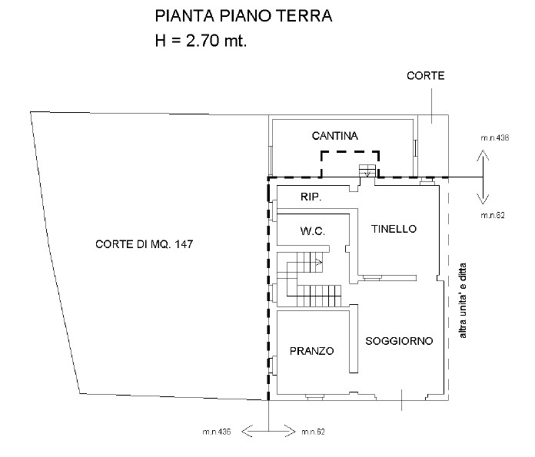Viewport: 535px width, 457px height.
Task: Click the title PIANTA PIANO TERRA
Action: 243,17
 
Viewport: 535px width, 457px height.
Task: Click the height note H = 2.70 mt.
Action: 201,41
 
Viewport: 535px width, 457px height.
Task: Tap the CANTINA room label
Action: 335,136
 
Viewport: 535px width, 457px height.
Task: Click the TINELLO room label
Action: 393,229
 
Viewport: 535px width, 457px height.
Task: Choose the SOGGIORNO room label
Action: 399,340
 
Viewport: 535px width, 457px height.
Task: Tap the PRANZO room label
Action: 311,351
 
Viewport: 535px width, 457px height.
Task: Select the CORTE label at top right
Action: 426,76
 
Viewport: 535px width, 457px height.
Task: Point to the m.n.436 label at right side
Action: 495,139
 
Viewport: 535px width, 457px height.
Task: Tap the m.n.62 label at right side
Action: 492,216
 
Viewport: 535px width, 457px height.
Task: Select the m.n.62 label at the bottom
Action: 314,432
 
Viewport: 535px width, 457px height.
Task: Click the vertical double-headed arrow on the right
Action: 483,176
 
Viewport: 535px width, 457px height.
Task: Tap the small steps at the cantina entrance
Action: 367,171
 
